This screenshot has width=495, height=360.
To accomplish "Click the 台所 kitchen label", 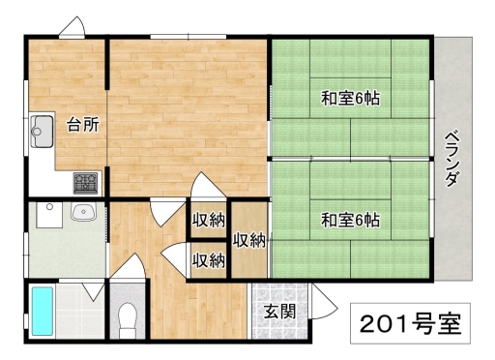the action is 83,125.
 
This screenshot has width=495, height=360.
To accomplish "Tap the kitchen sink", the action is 43,131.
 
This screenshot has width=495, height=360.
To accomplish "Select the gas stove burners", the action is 85,183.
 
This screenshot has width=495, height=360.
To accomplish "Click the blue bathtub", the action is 43,312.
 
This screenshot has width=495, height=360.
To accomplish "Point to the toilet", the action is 128,320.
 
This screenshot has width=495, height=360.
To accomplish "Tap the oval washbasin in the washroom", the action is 83,212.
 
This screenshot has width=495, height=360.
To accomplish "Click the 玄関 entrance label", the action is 279,312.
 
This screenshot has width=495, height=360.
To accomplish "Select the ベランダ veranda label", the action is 452,159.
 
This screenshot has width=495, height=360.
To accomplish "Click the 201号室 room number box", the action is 410,323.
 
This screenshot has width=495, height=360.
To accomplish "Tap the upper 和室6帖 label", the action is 351,99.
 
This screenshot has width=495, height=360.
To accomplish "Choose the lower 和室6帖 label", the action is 351,221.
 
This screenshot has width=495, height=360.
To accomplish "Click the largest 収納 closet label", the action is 249,240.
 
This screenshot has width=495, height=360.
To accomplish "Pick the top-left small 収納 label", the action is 209,221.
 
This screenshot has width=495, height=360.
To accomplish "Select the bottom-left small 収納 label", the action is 209,260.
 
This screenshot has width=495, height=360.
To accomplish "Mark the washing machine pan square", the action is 49,215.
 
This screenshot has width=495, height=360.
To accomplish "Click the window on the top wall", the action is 189,37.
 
